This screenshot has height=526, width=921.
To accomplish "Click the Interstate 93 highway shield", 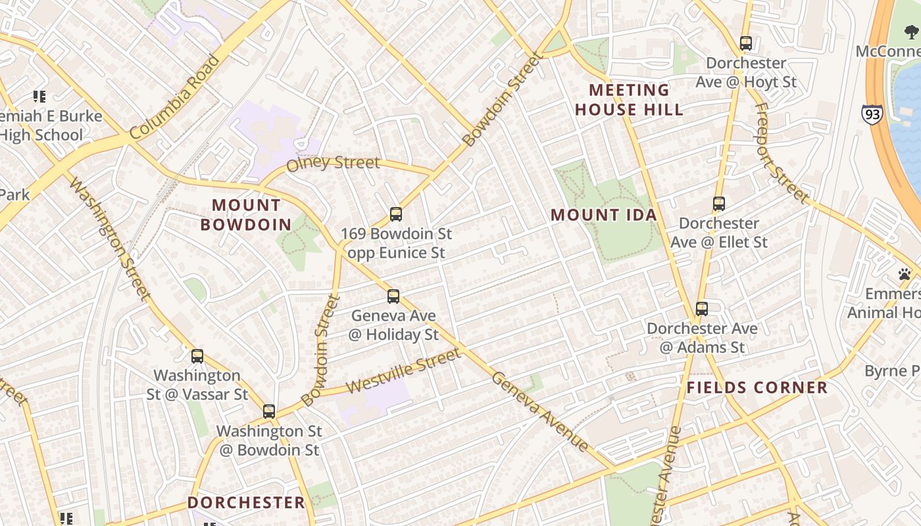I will [x=872, y=114].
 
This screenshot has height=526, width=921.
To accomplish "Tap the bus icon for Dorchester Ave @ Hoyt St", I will [x=745, y=43].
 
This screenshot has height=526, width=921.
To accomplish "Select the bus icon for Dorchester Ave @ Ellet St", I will [x=718, y=204].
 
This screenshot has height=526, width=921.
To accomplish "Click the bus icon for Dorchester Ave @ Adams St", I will [x=701, y=308].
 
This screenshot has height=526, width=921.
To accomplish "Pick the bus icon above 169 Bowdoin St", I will [x=395, y=214].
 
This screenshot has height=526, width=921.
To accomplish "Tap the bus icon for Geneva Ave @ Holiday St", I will [x=393, y=297].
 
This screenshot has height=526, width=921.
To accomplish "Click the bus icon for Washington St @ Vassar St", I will [x=197, y=356].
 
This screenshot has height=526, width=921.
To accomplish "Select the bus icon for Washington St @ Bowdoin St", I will [x=268, y=412].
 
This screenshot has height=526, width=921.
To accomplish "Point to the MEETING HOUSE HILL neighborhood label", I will [x=630, y=100].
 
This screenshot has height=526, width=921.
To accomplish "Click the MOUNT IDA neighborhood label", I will [x=604, y=215].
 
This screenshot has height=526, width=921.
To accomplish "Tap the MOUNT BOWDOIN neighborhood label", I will [x=246, y=215].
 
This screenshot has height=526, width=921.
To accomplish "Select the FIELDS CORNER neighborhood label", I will [x=757, y=387].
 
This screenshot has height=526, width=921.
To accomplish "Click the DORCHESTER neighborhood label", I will [x=246, y=502].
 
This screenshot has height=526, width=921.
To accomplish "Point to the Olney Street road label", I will [x=333, y=162].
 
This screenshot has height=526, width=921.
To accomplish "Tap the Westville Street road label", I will [x=403, y=371].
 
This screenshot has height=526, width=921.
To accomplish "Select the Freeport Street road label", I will [x=781, y=153].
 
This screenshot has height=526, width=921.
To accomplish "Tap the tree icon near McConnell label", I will [x=912, y=32].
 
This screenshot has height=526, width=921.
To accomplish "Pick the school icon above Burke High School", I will [x=39, y=97].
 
